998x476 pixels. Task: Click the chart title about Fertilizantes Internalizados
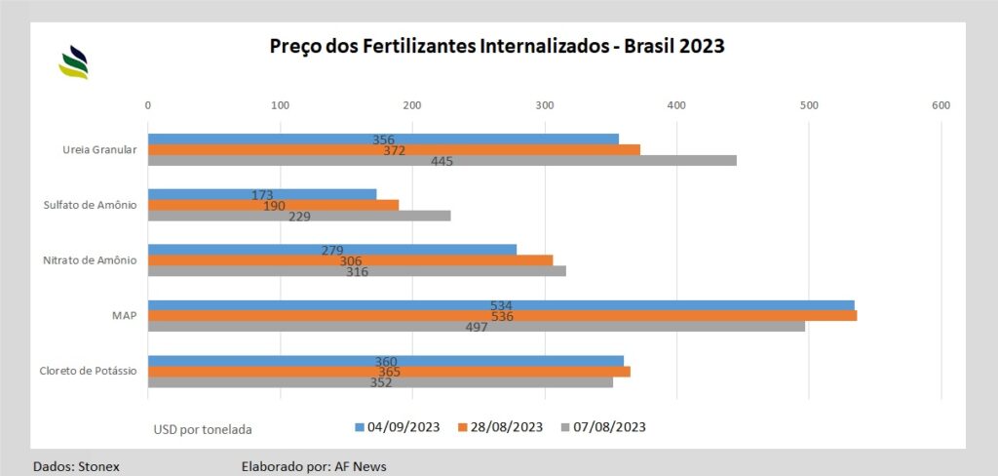point(497,46)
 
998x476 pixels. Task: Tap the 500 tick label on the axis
point(808,104)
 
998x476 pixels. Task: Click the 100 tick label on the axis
point(280,104)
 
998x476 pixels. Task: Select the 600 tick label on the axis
point(940,104)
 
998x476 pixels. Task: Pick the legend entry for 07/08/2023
point(604,427)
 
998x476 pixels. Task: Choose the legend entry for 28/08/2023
point(501,427)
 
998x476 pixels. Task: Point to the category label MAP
point(124,316)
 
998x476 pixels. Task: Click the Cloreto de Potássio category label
point(88,372)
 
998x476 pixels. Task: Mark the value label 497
point(477,327)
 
